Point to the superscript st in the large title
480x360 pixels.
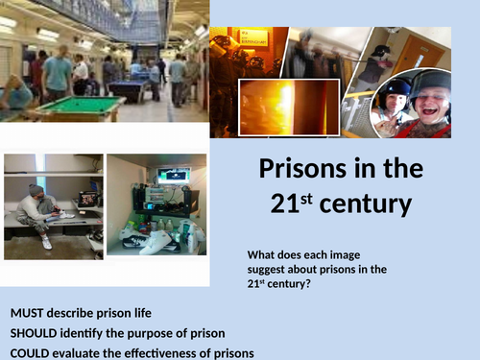click(x=314, y=196)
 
